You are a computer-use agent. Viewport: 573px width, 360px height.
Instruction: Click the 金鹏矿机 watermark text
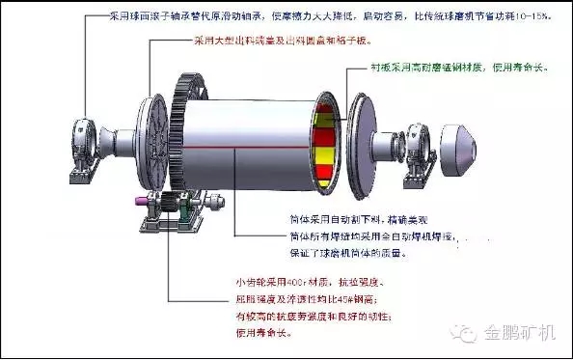520,331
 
